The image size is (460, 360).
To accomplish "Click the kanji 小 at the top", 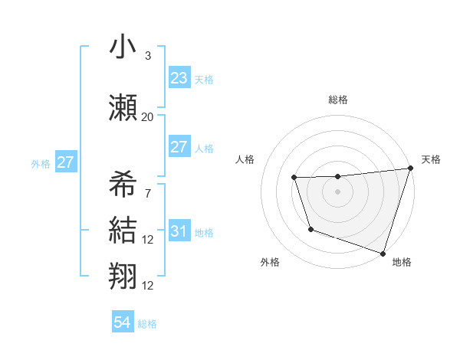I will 123,47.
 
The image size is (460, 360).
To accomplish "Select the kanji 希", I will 123,184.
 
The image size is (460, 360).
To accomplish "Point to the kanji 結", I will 123,230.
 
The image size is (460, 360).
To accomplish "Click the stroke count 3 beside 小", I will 148,56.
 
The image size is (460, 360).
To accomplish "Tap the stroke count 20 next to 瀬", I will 148,116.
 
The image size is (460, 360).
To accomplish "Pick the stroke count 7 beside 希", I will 148,193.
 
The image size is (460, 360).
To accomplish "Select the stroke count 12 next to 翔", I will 148,286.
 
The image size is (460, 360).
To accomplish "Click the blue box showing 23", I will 179,78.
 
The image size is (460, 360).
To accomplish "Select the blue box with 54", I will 122,323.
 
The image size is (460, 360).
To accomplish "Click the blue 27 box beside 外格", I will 65,162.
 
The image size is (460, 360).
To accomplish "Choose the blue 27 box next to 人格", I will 179,147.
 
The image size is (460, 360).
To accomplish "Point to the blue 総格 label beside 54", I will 147,324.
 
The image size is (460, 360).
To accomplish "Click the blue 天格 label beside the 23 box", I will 204,79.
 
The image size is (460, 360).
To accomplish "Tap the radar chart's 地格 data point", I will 383,252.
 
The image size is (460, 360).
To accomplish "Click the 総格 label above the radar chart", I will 337,100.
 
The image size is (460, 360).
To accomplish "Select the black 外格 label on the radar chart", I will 270,262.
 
